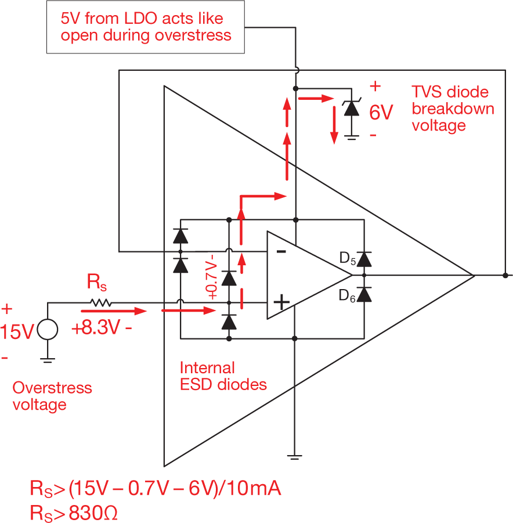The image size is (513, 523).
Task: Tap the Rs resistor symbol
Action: (x=100, y=302)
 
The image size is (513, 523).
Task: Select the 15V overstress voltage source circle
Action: (x=48, y=330)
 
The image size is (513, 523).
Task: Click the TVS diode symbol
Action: (x=349, y=107)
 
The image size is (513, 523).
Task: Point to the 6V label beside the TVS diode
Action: (x=381, y=111)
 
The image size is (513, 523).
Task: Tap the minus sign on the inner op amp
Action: (x=280, y=251)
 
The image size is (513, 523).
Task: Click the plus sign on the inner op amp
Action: (x=281, y=302)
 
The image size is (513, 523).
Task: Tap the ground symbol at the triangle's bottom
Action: (x=295, y=456)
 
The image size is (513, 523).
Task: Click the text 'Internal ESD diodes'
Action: (x=223, y=376)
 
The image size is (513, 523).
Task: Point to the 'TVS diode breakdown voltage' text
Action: (x=453, y=109)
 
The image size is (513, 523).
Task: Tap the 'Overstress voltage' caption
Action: (x=52, y=395)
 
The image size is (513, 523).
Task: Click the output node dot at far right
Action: (x=505, y=275)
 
